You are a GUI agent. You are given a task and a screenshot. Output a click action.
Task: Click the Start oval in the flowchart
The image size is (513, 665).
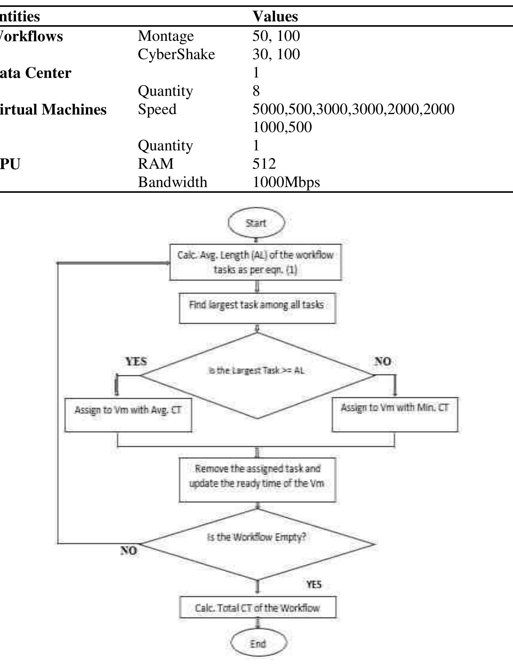tap(256, 223)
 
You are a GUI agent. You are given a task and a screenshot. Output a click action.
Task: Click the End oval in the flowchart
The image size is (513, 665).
tap(258, 644)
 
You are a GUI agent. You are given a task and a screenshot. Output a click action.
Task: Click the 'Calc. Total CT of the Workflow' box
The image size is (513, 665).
tap(258, 607)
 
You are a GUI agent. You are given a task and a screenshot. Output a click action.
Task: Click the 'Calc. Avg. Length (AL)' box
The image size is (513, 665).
tap(256, 262)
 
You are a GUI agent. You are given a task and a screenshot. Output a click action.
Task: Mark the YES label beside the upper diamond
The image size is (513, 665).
tap(136, 361)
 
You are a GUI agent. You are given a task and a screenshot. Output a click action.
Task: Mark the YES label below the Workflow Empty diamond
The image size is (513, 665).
tap(314, 584)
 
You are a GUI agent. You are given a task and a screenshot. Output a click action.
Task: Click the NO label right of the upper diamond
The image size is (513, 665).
tap(383, 361)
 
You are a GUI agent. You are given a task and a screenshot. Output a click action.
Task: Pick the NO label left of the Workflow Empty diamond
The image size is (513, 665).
tap(129, 550)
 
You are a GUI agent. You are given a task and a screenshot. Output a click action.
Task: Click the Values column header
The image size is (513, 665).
tap(275, 16)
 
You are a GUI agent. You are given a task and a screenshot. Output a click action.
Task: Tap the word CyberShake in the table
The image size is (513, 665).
tap(176, 54)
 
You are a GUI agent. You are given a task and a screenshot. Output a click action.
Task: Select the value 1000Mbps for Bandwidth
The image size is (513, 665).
tap(286, 182)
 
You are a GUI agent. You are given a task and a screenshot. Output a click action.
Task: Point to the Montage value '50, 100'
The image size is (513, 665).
tap(276, 36)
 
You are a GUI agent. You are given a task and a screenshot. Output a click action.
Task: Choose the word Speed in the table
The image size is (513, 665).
tap(157, 109)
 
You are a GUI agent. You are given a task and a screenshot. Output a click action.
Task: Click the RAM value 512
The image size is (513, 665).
tap(264, 164)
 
